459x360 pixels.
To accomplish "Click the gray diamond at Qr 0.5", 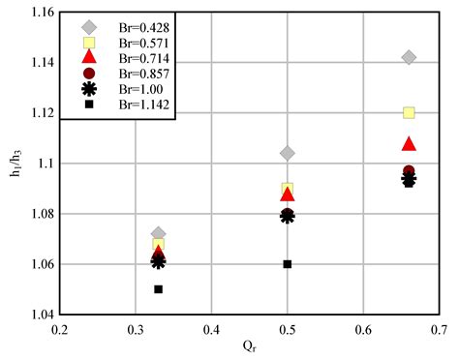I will pyautogui.click(x=287, y=153).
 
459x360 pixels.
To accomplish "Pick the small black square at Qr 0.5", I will pyautogui.click(x=287, y=263).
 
